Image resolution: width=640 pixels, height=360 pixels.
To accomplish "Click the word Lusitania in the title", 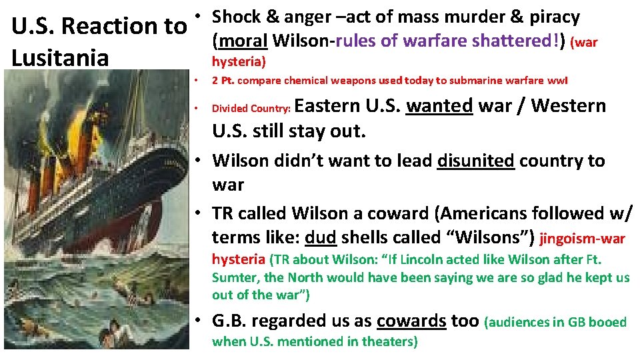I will pyautogui.click(x=60, y=57).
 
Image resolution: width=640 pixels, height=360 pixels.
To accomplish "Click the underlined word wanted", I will pyautogui.click(x=439, y=106).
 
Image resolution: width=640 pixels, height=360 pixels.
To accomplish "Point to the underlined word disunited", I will pyautogui.click(x=476, y=161).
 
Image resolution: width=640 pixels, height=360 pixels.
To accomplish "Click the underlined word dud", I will pyautogui.click(x=319, y=237).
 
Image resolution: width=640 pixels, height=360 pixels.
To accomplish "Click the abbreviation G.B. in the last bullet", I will pyautogui.click(x=231, y=321).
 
